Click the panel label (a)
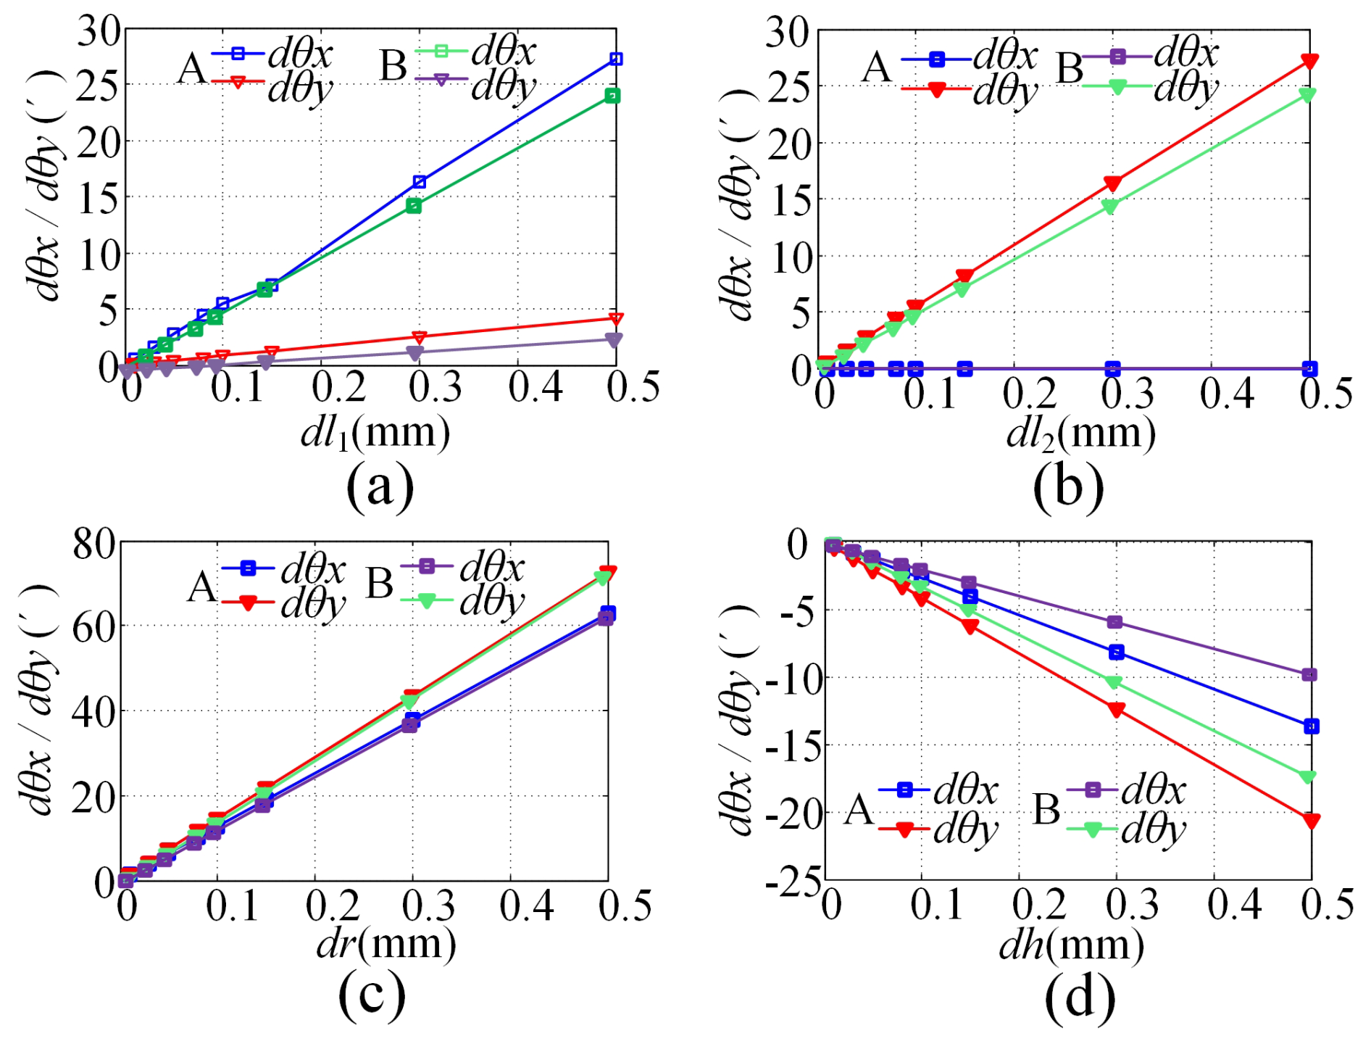tap(380, 486)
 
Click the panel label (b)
tap(1068, 486)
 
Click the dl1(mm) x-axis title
tap(375, 434)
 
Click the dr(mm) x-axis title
tap(386, 945)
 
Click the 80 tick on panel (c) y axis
tap(93, 544)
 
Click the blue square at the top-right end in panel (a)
tap(616, 59)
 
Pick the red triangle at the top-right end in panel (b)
tap(1309, 61)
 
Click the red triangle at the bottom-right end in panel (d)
tap(1311, 821)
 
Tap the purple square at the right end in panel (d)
tap(1309, 675)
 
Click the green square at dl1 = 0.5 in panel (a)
tap(613, 96)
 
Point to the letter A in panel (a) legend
tap(192, 70)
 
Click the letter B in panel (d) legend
tap(1046, 810)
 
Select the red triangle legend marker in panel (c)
tap(248, 603)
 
